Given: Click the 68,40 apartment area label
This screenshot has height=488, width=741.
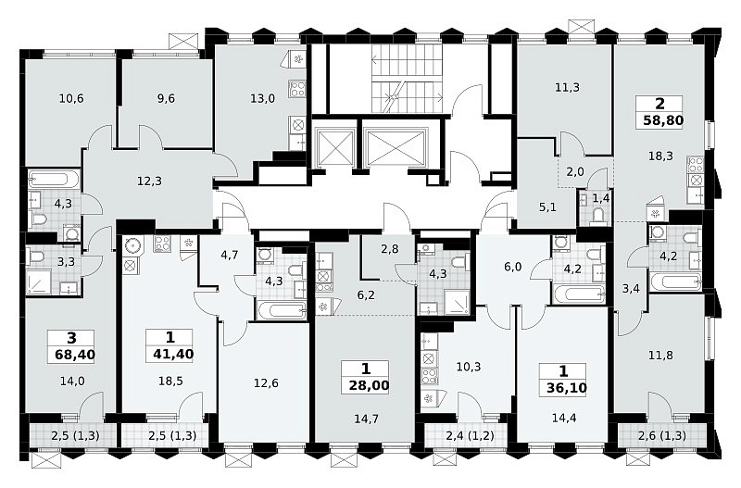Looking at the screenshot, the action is pyautogui.click(x=75, y=355).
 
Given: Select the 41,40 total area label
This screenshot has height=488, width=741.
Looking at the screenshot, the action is pyautogui.click(x=173, y=354).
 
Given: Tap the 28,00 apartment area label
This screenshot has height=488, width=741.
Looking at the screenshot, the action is pyautogui.click(x=369, y=385).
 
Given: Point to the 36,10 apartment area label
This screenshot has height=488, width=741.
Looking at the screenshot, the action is pyautogui.click(x=567, y=388).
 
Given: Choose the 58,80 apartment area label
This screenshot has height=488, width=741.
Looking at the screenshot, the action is pyautogui.click(x=663, y=120).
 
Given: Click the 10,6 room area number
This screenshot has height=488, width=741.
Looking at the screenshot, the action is pyautogui.click(x=71, y=99).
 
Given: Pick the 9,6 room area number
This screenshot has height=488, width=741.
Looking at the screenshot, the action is pyautogui.click(x=166, y=99).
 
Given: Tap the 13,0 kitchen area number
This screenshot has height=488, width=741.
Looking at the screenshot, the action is pyautogui.click(x=263, y=99).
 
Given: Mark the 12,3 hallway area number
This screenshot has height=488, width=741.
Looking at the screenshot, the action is pyautogui.click(x=149, y=181).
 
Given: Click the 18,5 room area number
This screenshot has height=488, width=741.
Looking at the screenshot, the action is pyautogui.click(x=170, y=381).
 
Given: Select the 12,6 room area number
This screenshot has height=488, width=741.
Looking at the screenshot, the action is pyautogui.click(x=266, y=383).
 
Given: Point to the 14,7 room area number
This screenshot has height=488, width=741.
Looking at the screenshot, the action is pyautogui.click(x=366, y=419).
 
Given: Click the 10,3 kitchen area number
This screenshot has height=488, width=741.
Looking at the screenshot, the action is pyautogui.click(x=469, y=367).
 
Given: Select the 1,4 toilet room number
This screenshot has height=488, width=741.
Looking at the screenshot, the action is pyautogui.click(x=600, y=198).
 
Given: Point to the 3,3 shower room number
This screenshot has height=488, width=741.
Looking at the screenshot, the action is pyautogui.click(x=66, y=262).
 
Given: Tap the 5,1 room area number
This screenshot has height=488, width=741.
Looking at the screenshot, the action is pyautogui.click(x=547, y=206).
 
